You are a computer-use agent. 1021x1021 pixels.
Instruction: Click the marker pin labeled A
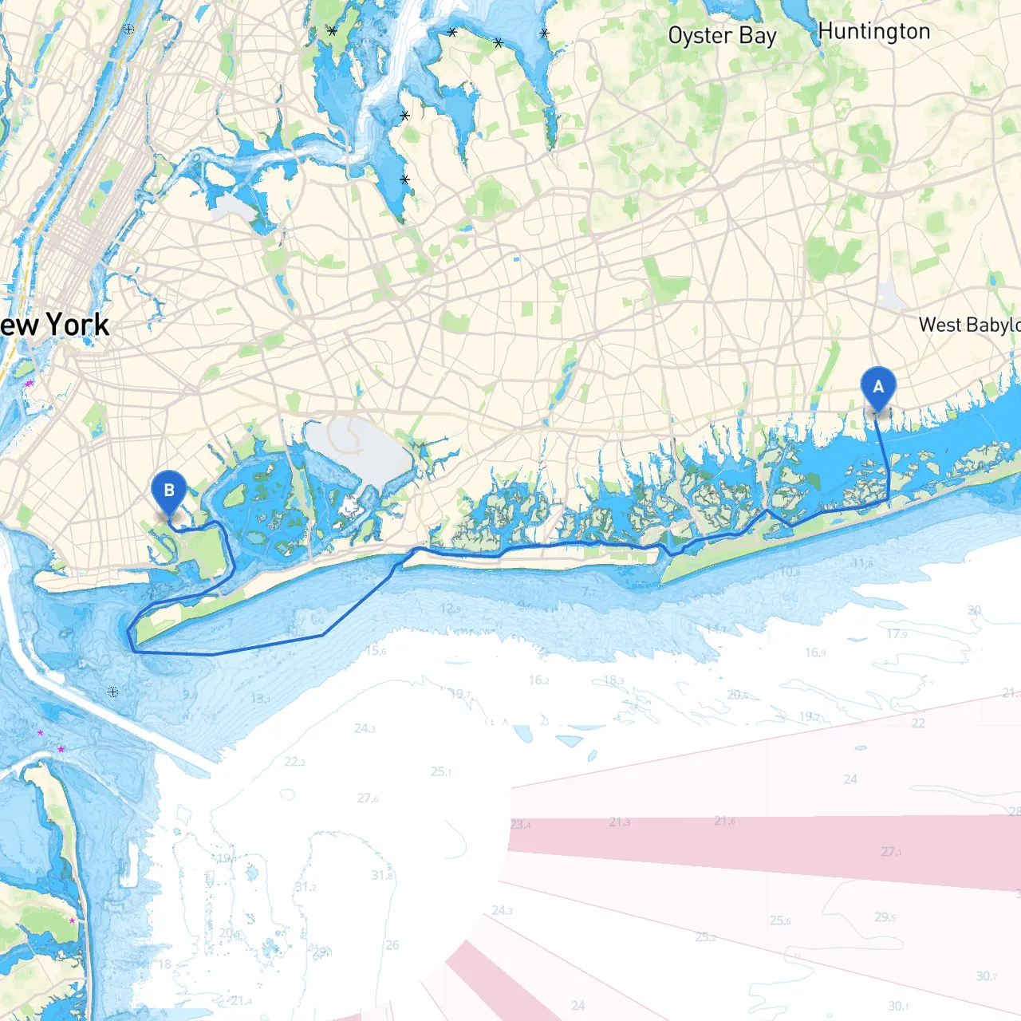pos(878,388)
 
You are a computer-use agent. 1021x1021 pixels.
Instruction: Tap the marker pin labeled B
pos(168,491)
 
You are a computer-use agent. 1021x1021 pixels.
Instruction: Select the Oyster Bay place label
pos(722,36)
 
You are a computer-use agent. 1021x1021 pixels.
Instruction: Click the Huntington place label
pos(874,32)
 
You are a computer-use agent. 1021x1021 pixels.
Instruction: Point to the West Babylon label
pos(968,325)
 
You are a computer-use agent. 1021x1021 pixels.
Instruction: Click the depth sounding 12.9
pos(450,609)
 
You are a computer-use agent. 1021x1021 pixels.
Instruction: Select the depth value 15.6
pos(376,651)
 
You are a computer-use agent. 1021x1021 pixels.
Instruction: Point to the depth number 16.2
pos(538,680)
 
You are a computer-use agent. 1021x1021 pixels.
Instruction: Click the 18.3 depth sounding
pos(613,680)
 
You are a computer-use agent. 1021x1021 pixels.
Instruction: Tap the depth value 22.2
pos(294,762)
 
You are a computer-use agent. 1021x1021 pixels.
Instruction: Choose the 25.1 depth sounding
pos(441,771)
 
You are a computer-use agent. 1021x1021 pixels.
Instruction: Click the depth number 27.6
pos(368,798)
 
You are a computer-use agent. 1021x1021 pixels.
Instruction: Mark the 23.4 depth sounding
pos(520,825)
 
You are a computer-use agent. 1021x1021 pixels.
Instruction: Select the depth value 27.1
pos(891,852)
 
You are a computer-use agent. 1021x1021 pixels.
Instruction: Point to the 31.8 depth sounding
pos(382,875)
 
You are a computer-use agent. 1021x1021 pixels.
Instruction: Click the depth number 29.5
pos(885,917)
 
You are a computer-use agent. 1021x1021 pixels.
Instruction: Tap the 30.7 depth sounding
pos(986,976)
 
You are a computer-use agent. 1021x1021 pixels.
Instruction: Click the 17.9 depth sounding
pos(897,634)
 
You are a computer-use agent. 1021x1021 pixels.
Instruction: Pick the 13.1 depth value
pos(260,699)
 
